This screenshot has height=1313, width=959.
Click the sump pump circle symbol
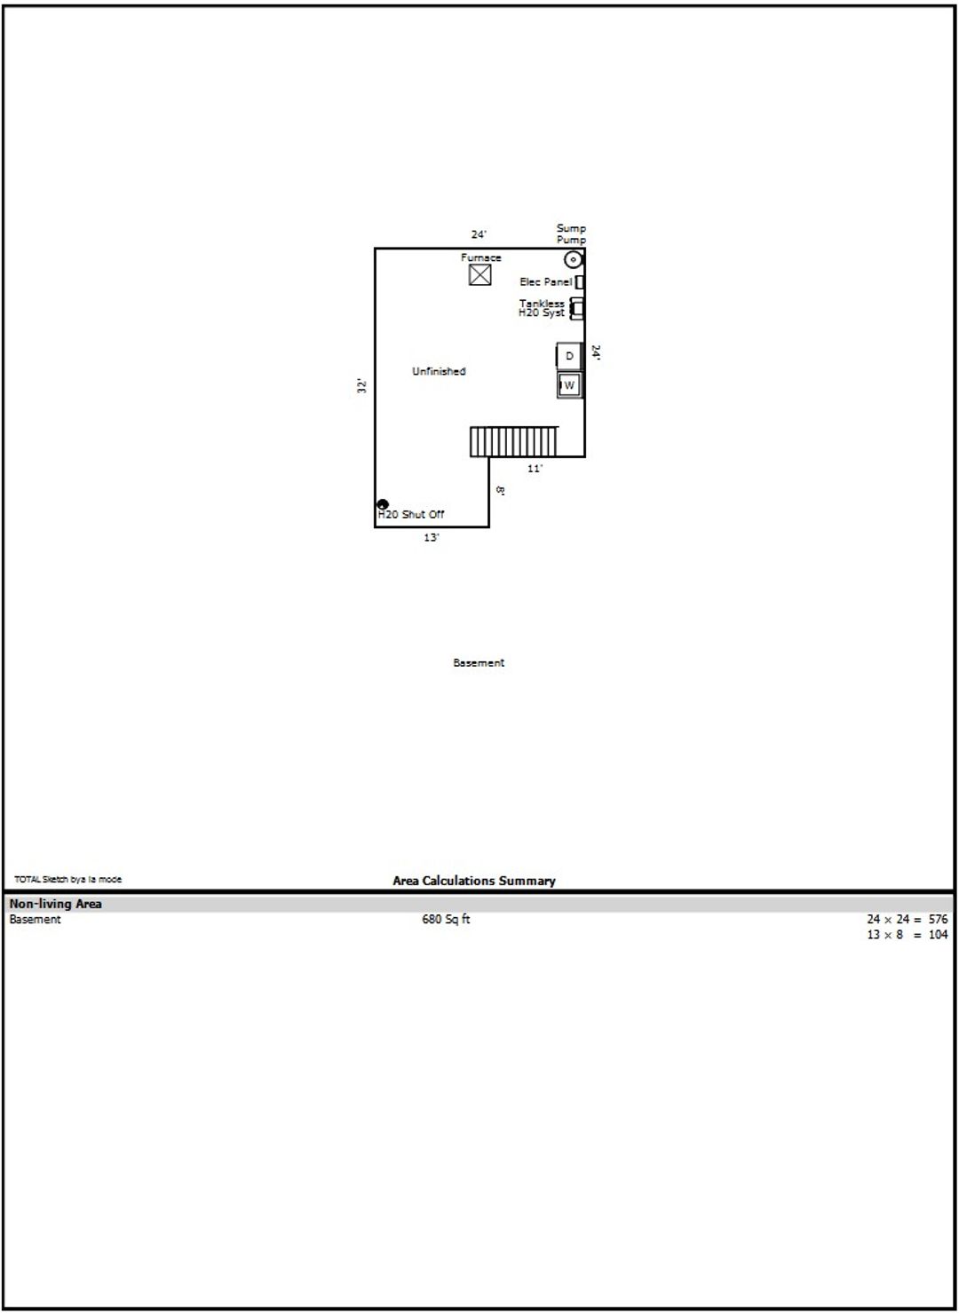[x=573, y=259]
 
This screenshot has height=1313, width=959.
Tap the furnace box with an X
[x=479, y=275]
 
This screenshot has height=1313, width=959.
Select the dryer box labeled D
[x=569, y=356]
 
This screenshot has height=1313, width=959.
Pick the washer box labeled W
[x=569, y=385]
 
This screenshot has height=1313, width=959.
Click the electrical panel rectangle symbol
[x=579, y=282]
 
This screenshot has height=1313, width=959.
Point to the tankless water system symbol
[x=577, y=308]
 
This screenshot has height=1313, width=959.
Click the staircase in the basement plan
[x=513, y=441]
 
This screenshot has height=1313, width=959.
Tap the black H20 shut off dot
[x=383, y=504]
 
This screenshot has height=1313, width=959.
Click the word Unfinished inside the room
[x=439, y=371]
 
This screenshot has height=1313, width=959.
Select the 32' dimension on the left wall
[x=361, y=385]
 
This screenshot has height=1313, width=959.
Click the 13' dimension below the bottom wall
[x=432, y=537]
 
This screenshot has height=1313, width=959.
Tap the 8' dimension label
[x=500, y=490]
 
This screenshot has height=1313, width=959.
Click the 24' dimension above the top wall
[x=479, y=234]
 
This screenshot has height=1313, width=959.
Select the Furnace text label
[x=480, y=257]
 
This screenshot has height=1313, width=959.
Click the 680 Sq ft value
[x=446, y=919]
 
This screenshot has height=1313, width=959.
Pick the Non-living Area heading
[x=56, y=903]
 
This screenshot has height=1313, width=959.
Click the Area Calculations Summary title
[x=473, y=881]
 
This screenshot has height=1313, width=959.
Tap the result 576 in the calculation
[x=938, y=919]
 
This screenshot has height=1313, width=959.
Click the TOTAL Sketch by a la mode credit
[x=68, y=879]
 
